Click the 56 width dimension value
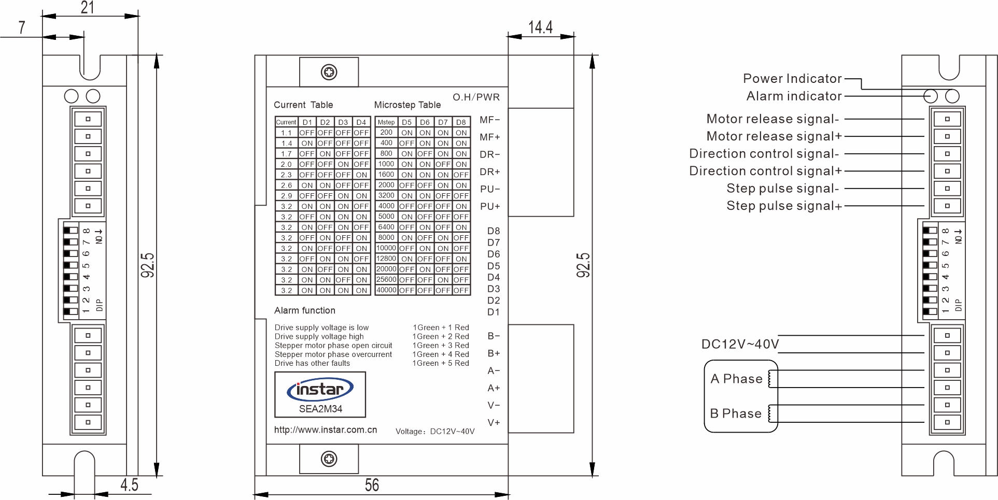pos(372,485)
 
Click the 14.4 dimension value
pos(540,27)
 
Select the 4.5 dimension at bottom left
pos(129,485)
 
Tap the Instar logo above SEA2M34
pos(320,390)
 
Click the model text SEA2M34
pos(320,409)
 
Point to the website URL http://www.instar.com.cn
pos(326,430)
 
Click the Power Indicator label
pos(792,79)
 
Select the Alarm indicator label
pos(794,96)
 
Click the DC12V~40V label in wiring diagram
pos(740,345)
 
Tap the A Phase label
pos(736,379)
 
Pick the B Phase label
pos(736,413)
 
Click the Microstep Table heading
pos(407,105)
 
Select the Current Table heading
pos(303,105)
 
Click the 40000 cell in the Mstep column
pos(386,290)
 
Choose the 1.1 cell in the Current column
pos(286,133)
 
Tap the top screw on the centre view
pos(329,72)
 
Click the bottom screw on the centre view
pos(329,459)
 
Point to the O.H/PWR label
pos(476,97)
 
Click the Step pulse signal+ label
pos(784,206)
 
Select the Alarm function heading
pos(305,311)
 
